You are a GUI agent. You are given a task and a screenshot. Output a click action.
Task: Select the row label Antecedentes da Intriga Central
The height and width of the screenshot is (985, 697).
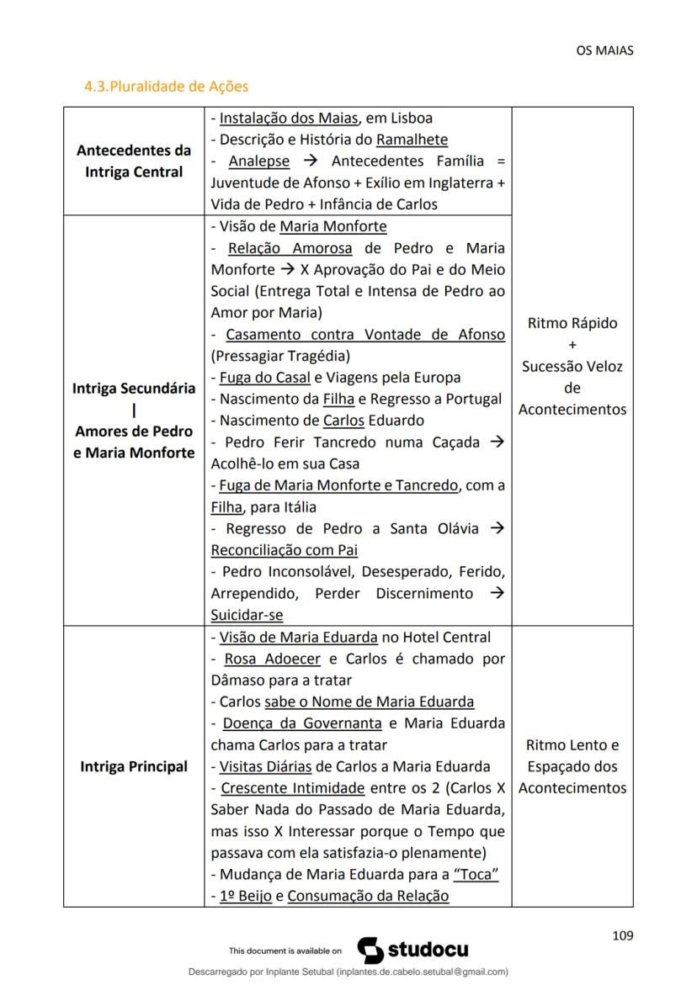(134, 162)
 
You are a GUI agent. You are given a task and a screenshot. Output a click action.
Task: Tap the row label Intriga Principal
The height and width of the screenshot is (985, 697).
(134, 766)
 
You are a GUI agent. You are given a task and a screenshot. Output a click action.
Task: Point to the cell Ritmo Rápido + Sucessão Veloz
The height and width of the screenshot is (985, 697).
(572, 366)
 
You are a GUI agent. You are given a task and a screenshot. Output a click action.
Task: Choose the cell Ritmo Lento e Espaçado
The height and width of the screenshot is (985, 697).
(572, 766)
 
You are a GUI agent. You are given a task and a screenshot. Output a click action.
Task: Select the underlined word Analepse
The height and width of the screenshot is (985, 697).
(258, 162)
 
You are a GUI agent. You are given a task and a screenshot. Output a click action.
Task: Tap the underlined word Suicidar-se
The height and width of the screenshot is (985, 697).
(247, 615)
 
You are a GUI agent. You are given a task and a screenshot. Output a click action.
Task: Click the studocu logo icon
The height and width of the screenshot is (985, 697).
(371, 951)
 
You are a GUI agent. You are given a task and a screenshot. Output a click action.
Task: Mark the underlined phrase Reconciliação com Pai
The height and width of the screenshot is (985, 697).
(284, 550)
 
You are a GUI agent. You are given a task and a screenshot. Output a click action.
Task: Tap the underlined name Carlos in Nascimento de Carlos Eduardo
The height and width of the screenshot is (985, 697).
(344, 420)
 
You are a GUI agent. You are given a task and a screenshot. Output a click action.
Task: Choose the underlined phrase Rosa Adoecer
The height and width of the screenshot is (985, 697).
(272, 659)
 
